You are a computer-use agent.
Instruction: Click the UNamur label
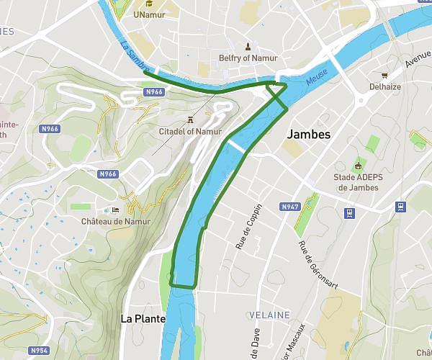click(x=149, y=14)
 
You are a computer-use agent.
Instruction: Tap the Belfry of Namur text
click(x=248, y=58)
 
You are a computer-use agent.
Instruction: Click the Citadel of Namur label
click(x=190, y=131)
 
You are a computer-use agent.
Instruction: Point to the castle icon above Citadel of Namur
click(x=190, y=119)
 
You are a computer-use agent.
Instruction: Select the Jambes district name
click(x=308, y=135)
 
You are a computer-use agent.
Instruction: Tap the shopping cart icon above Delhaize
click(x=385, y=73)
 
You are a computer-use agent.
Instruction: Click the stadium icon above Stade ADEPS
click(x=356, y=165)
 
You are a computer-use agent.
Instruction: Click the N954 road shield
click(x=40, y=351)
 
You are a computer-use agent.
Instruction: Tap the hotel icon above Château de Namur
click(x=115, y=210)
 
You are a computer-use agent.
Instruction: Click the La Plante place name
click(x=143, y=318)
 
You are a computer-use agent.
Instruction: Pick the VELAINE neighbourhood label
click(x=269, y=315)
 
